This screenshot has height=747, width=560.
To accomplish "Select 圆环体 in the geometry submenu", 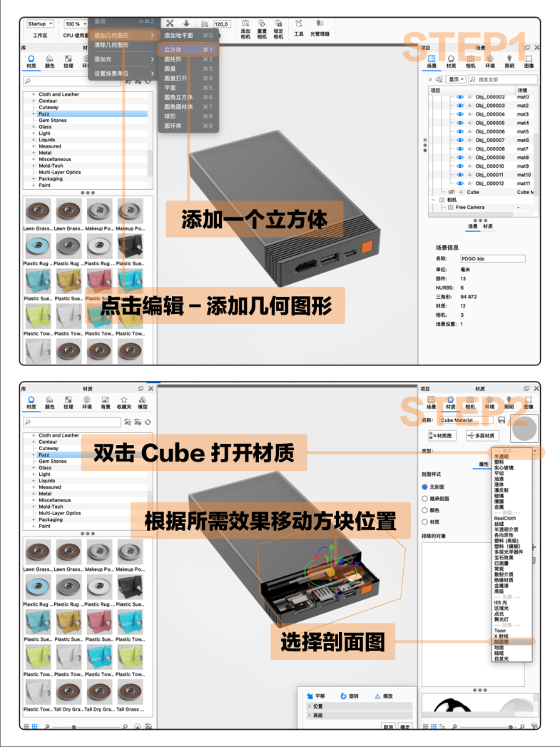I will click(173, 126).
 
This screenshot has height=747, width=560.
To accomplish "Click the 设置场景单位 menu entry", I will click(113, 73).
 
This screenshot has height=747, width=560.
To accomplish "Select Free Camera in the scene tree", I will click(470, 207).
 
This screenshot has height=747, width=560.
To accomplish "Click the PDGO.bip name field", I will click(492, 258).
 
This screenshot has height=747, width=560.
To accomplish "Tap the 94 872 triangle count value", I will click(469, 296).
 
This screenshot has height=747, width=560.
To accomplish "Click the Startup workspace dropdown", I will click(40, 24).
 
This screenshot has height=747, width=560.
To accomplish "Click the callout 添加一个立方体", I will click(255, 219).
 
